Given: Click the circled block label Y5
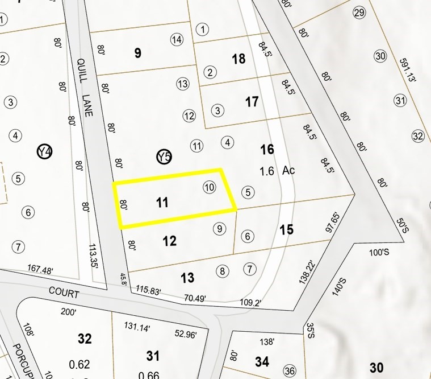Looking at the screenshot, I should pyautogui.click(x=164, y=156).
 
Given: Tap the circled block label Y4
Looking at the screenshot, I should pyautogui.click(x=44, y=152).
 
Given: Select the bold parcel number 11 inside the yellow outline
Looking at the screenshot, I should pyautogui.click(x=162, y=202).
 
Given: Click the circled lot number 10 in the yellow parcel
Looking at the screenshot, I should pyautogui.click(x=209, y=187).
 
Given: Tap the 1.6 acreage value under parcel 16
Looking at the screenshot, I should pyautogui.click(x=267, y=171).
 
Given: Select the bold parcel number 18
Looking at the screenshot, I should pyautogui.click(x=238, y=59).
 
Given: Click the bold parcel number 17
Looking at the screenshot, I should pyautogui.click(x=252, y=102).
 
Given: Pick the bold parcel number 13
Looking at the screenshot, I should pyautogui.click(x=187, y=278).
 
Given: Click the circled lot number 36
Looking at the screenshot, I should pyautogui.click(x=290, y=370).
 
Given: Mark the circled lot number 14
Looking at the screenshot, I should pyautogui.click(x=177, y=39).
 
